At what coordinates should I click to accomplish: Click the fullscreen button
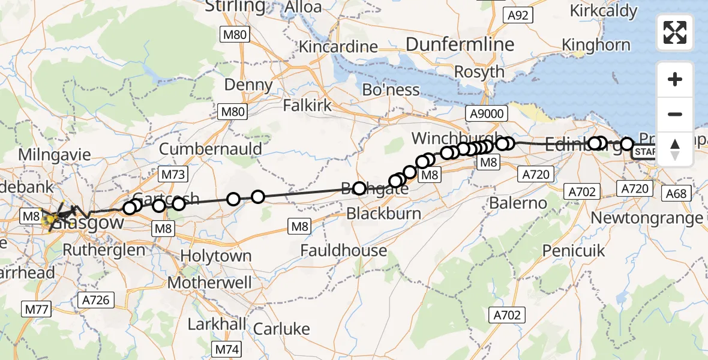(675, 32)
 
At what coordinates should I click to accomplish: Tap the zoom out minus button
(675, 114)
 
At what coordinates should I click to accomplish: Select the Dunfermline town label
(460, 44)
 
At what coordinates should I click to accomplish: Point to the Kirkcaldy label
(603, 11)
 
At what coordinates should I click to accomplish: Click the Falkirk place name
(308, 106)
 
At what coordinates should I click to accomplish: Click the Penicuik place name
(570, 250)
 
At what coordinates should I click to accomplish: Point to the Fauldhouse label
(344, 250)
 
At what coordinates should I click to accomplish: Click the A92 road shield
(517, 15)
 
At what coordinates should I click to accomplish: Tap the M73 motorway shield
(173, 175)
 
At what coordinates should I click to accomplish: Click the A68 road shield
(674, 193)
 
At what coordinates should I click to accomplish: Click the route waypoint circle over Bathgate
(359, 188)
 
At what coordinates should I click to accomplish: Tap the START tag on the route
(645, 152)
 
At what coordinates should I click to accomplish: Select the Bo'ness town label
(391, 90)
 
